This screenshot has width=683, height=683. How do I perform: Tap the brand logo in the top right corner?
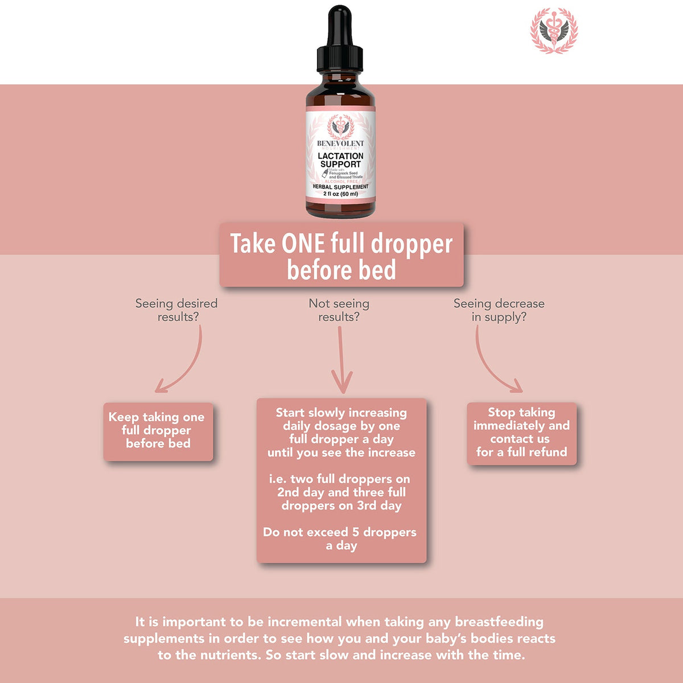click(x=554, y=31)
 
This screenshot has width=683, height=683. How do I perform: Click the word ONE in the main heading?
click(x=303, y=244)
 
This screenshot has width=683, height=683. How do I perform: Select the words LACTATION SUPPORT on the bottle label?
click(x=340, y=160)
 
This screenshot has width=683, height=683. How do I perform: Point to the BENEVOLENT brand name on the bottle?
click(x=340, y=143)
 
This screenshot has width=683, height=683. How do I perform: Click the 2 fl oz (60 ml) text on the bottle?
click(x=340, y=194)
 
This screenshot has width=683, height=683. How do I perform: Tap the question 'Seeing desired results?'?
click(x=176, y=310)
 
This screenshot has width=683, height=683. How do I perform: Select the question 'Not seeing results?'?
click(x=339, y=310)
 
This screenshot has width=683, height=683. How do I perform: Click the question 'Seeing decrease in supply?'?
click(x=499, y=310)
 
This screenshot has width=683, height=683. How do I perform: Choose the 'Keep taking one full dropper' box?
click(x=158, y=431)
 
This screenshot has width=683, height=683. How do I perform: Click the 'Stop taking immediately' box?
click(x=521, y=433)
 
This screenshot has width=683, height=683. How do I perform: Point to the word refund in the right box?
click(x=548, y=452)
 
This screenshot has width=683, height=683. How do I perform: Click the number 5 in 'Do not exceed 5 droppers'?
click(x=356, y=532)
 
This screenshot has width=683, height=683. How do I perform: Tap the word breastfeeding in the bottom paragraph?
click(x=499, y=622)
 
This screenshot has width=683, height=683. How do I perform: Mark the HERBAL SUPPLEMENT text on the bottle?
click(x=340, y=187)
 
